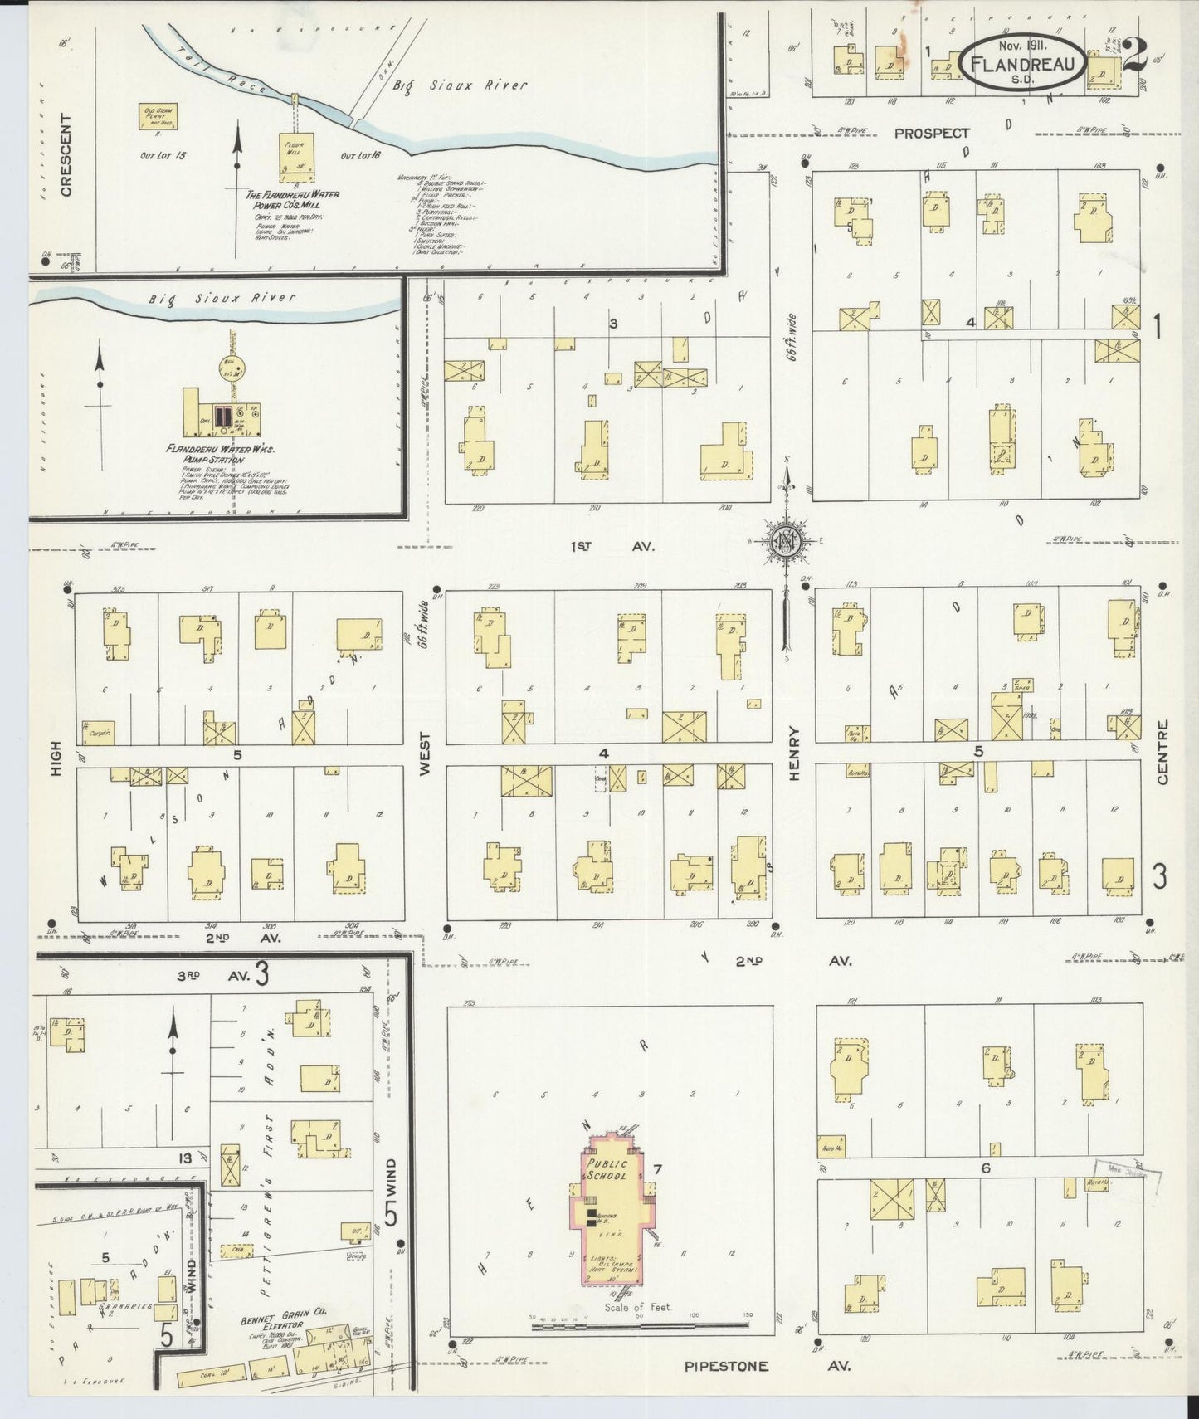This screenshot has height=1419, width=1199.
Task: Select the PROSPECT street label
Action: (932, 133)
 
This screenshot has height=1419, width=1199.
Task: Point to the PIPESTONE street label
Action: (726, 1366)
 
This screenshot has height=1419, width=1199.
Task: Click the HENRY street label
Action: (794, 753)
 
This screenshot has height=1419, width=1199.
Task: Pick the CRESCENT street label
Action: (66, 167)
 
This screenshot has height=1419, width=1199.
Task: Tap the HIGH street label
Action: (56, 758)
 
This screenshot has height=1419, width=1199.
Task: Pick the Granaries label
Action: (123, 1305)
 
